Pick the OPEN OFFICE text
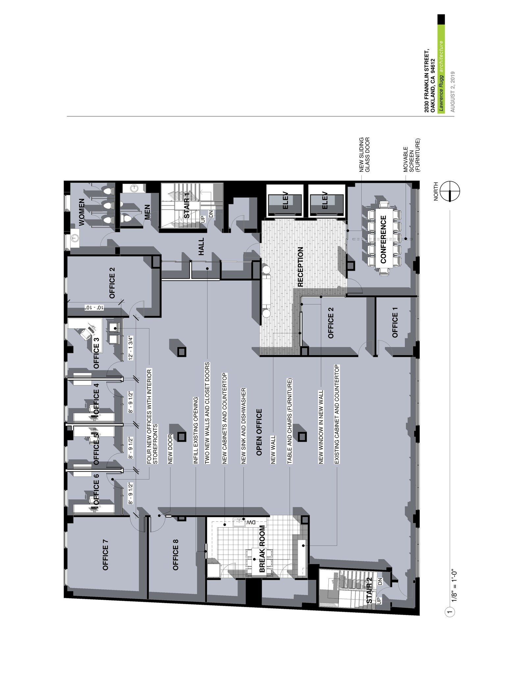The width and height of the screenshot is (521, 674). [259, 432]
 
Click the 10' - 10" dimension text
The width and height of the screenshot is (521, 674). [94, 307]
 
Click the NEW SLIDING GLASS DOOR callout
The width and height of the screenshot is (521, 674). [365, 155]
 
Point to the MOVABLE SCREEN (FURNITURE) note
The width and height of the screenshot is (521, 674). [412, 155]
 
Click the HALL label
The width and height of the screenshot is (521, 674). [201, 246]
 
